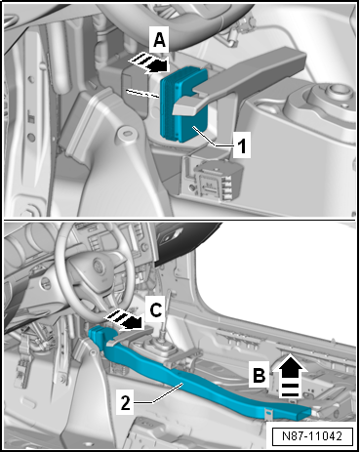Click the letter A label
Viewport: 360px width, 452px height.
pyautogui.click(x=159, y=40)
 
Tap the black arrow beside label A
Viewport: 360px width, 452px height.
pyautogui.click(x=149, y=63)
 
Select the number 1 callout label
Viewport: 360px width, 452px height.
pyautogui.click(x=242, y=144)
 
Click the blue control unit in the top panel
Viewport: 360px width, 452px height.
pyautogui.click(x=184, y=105)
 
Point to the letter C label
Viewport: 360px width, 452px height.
pyautogui.click(x=156, y=309)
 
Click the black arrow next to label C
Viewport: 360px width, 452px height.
pyautogui.click(x=125, y=319)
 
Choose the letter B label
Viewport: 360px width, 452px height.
pyautogui.click(x=260, y=375)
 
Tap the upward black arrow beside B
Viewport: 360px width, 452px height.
pyautogui.click(x=290, y=375)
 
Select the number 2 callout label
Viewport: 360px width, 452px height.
pyautogui.click(x=126, y=403)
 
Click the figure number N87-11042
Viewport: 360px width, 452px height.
pyautogui.click(x=312, y=436)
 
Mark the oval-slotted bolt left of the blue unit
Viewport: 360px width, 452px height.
pyautogui.click(x=127, y=133)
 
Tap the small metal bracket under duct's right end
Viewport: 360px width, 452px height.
pyautogui.click(x=268, y=414)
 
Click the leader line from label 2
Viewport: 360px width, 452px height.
pyautogui.click(x=158, y=393)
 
